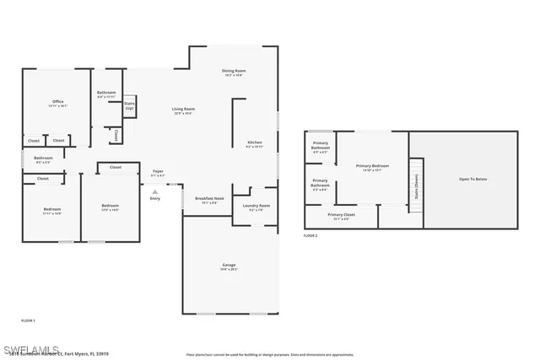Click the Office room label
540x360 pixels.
coord(57,102)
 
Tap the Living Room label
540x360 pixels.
coord(183,110)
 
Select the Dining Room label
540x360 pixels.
coord(234,72)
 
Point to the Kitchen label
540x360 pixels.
coord(254,143)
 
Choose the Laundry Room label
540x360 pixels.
coord(256,207)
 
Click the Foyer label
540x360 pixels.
coord(158,172)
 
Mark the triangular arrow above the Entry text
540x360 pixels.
coord(154,191)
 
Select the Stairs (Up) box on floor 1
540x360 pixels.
coord(130,106)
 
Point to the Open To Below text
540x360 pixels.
coord(472,179)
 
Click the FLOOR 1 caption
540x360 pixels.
coord(29,320)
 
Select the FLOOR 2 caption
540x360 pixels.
coord(310,235)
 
